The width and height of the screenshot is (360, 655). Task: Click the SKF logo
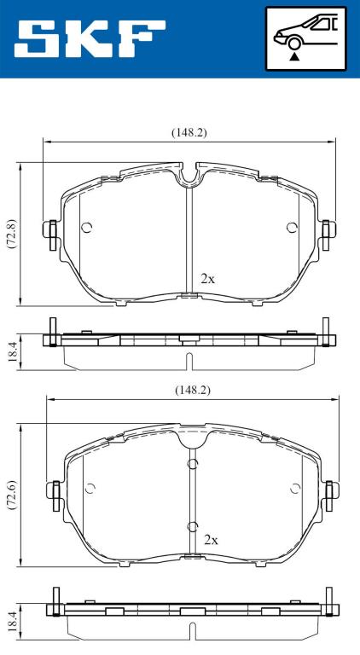tap(90, 39)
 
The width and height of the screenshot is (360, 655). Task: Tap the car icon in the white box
tap(305, 32)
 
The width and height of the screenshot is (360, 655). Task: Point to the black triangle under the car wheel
tap(295, 57)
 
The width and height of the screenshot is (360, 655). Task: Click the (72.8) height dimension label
tap(11, 234)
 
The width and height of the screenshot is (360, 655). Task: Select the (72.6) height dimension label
tap(11, 496)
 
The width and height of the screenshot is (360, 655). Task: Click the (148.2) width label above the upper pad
tap(189, 132)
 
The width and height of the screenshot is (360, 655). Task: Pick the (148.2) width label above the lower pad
tap(192, 390)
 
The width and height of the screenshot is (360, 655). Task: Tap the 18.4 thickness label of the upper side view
tap(12, 352)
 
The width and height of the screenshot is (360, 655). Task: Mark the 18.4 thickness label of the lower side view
tap(12, 620)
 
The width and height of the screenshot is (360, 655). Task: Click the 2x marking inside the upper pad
tap(207, 279)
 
